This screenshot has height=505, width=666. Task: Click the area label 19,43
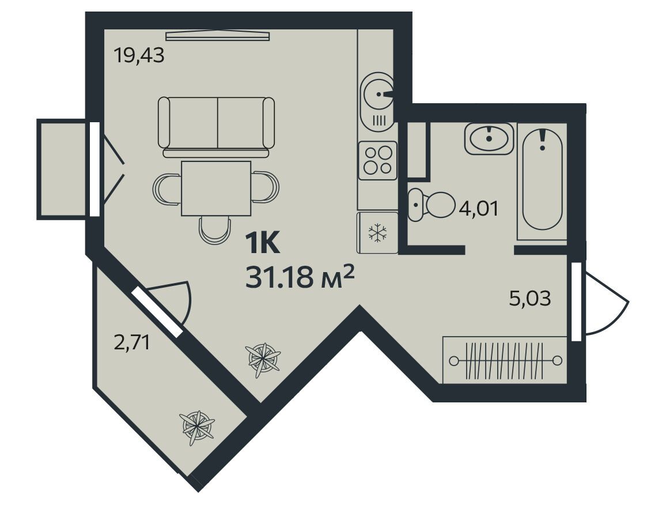tap(139, 55)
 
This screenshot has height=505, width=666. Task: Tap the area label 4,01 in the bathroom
tap(479, 209)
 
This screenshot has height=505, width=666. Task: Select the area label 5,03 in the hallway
tap(529, 299)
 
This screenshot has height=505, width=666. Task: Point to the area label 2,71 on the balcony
tap(132, 342)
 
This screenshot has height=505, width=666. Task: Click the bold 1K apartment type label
tap(262, 244)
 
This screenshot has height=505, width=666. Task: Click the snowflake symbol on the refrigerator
tap(377, 233)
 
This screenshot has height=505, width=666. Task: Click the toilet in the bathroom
tap(431, 205)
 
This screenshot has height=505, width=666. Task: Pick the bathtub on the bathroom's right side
tap(542, 179)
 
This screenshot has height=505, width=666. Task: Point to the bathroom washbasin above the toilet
tap(489, 138)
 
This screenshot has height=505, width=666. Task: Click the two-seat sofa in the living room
tap(217, 127)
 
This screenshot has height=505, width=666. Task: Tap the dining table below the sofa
tap(216, 189)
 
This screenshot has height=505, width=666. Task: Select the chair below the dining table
tap(215, 230)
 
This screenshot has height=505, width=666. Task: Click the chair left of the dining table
tap(167, 189)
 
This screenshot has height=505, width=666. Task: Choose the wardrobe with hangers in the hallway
tap(505, 360)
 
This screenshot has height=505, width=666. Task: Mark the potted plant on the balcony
tap(197, 427)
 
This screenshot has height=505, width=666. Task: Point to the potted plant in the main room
tap(263, 360)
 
